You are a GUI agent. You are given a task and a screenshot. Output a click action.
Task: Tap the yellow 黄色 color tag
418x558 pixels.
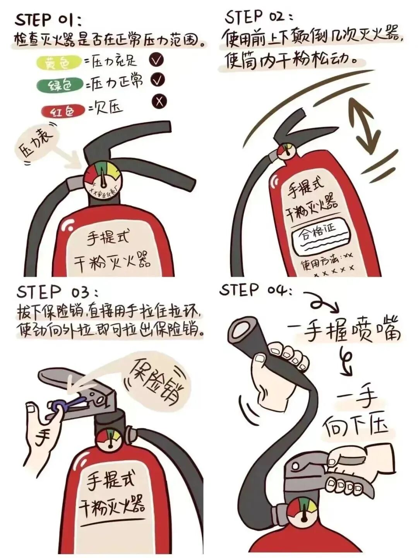(x=59, y=63)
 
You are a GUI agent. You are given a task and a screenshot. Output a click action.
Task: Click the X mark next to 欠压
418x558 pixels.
(x=159, y=102)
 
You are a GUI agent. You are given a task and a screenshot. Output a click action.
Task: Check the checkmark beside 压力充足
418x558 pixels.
(x=157, y=60)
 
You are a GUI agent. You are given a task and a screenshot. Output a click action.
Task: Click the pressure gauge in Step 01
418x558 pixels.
(x=103, y=179)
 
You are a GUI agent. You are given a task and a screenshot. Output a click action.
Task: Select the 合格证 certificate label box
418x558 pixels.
(x=320, y=234)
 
